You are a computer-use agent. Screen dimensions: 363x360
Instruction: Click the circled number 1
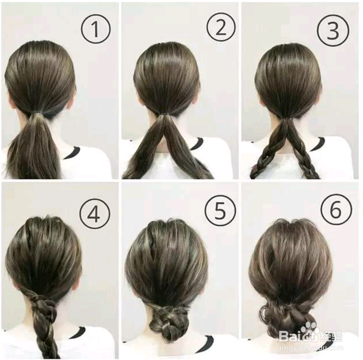pyautogui.click(x=96, y=29)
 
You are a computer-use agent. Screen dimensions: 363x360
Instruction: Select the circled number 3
pyautogui.click(x=333, y=30)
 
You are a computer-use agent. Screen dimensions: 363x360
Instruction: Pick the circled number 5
pyautogui.click(x=220, y=211)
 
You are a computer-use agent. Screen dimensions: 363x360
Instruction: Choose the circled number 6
pyautogui.click(x=336, y=209)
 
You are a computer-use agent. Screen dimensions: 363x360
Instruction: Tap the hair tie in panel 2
pyautogui.click(x=165, y=114)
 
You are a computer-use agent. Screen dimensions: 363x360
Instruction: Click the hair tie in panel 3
pyautogui.click(x=288, y=119)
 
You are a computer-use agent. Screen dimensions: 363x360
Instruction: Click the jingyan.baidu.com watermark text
pyautogui.click(x=311, y=347)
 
